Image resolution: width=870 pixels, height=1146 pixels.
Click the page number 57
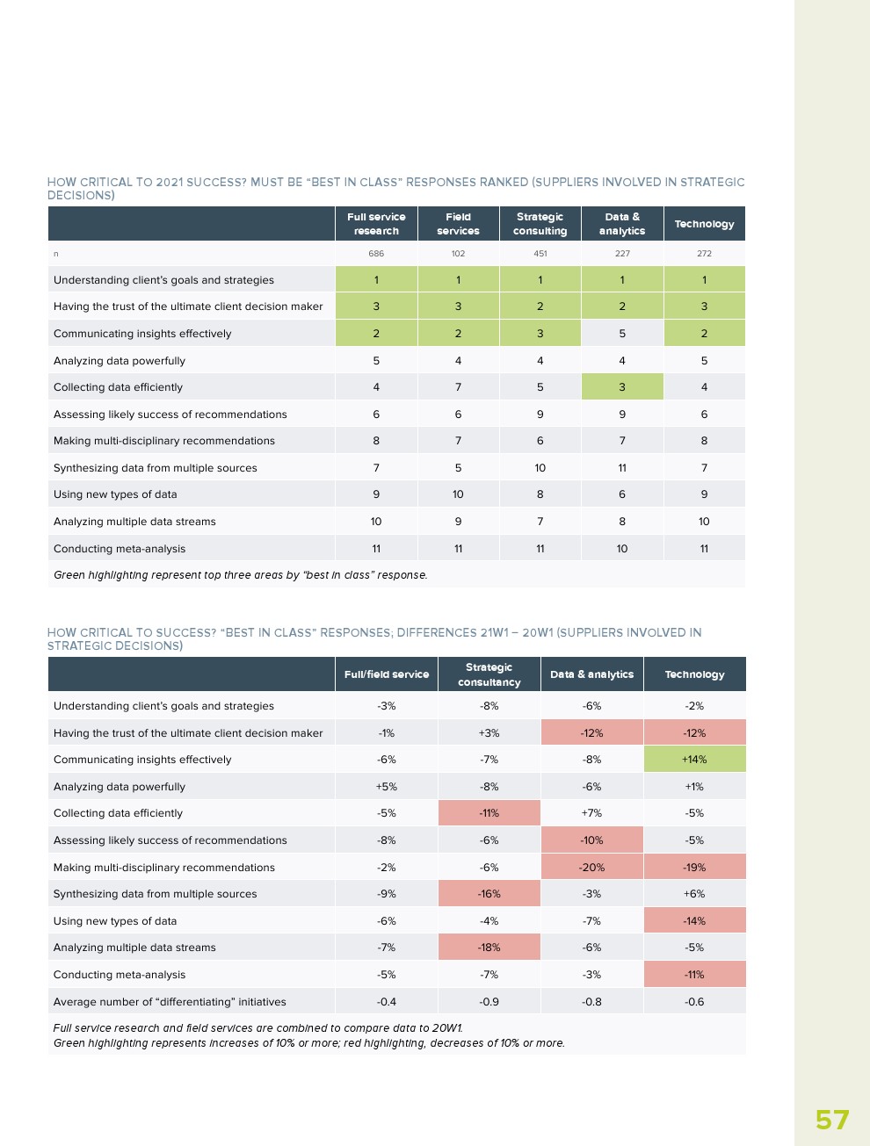point(831,1120)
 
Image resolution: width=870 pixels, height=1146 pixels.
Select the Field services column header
point(458,224)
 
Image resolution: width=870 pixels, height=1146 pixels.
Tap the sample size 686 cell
point(376,254)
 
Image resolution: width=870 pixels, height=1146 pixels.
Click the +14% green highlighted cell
point(694,760)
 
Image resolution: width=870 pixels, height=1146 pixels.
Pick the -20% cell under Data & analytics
point(591,868)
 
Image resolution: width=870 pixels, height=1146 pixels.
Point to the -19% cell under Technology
point(694,868)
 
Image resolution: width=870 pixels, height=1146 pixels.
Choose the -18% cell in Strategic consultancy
point(489,948)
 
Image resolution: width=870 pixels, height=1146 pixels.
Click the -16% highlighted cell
point(489,894)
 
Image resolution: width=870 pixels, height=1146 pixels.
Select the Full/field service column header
point(387,674)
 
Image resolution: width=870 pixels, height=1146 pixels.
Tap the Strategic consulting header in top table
point(540,224)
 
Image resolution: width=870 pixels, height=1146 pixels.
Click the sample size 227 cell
point(622,254)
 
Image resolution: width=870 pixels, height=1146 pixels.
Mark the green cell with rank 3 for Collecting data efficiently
point(622,387)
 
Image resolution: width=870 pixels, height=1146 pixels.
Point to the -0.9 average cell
point(489,1002)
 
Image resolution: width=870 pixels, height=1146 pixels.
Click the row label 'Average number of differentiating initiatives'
point(170,1002)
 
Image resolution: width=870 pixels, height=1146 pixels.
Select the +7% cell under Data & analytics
point(591,813)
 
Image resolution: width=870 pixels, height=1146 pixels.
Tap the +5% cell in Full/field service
point(387,787)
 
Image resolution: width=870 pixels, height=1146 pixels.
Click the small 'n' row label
point(56,254)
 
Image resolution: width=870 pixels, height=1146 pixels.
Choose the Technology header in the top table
point(704,224)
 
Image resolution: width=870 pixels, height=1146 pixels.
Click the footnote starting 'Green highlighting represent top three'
point(240,575)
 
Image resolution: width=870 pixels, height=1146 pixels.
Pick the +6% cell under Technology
point(694,894)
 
